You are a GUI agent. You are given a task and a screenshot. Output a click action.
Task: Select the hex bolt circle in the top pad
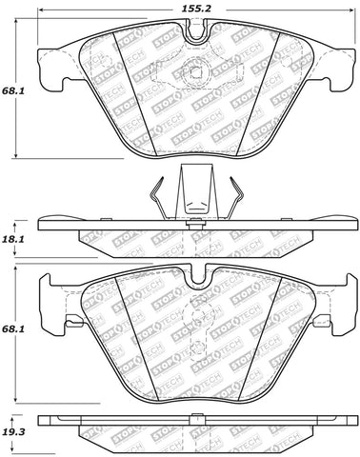click(195, 73)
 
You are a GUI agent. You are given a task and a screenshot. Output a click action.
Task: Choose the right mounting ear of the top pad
click(342, 66)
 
